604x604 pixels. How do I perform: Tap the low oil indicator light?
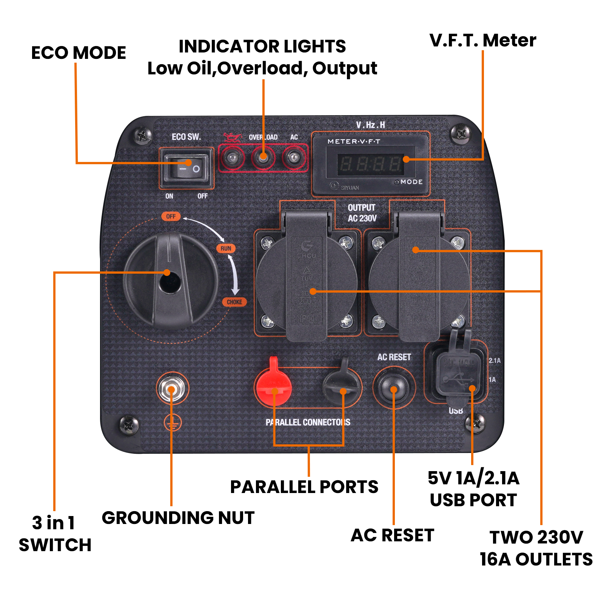(232, 157)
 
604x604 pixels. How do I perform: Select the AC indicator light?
(293, 157)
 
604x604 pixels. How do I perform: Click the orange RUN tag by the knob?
(226, 248)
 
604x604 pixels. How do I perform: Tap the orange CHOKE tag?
(234, 302)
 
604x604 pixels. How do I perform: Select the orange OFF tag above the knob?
(171, 216)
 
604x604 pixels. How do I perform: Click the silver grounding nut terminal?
(172, 389)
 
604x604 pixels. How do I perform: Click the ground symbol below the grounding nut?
(173, 423)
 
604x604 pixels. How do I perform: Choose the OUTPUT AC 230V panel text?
(362, 213)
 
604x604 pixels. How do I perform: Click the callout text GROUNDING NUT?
(178, 518)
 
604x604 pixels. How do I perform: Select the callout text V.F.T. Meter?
(482, 40)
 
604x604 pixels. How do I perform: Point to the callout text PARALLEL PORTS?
(304, 487)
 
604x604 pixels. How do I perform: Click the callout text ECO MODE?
(79, 53)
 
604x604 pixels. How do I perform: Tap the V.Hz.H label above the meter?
(370, 125)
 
